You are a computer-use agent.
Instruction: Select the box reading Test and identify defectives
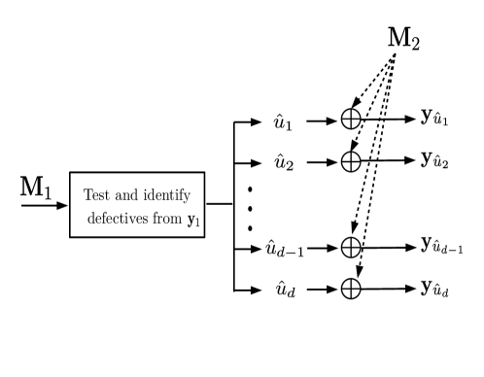pyautogui.click(x=138, y=205)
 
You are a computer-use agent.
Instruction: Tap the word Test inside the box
pyautogui.click(x=98, y=194)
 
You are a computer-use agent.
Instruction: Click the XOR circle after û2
pyautogui.click(x=351, y=159)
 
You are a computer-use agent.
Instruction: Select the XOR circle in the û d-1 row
pyautogui.click(x=351, y=248)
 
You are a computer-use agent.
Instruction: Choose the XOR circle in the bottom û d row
pyautogui.click(x=351, y=288)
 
